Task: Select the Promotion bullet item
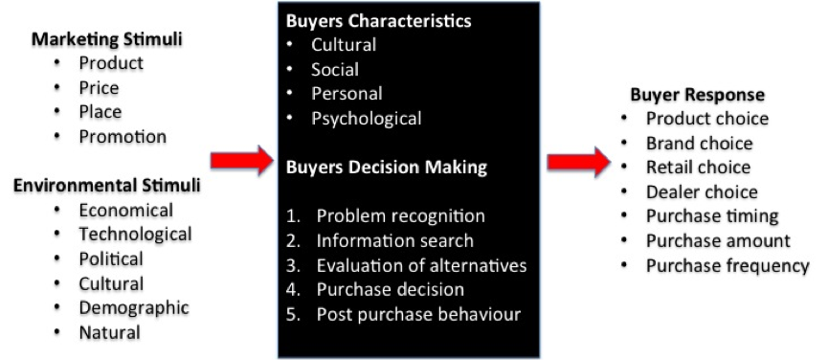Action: [123, 137]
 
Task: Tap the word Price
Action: [101, 88]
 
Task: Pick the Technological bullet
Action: [135, 235]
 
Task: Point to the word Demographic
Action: [133, 308]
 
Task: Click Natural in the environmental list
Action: [109, 333]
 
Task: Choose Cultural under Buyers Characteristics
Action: [344, 45]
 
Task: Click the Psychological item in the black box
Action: [366, 120]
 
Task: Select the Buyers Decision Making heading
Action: [387, 167]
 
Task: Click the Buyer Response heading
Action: [697, 95]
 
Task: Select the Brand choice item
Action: [699, 144]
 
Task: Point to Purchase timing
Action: [712, 216]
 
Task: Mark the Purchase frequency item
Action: [727, 265]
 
